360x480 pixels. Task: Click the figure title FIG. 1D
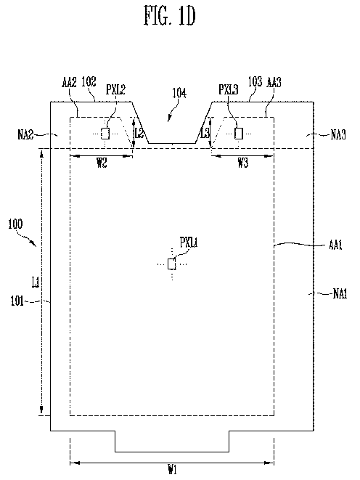169,16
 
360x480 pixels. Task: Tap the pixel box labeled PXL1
171,264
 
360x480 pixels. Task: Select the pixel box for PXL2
105,134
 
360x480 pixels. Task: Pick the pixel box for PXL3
239,134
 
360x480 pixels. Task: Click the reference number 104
179,92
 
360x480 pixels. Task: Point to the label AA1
335,245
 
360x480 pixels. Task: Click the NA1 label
340,294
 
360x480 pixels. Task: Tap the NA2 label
25,134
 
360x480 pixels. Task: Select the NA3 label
338,134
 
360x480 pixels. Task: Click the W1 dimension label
173,469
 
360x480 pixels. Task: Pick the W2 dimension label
102,163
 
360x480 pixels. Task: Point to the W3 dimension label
243,163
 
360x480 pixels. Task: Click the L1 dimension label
36,282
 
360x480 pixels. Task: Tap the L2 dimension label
139,133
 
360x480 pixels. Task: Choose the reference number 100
15,224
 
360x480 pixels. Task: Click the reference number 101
17,301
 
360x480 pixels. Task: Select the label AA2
69,82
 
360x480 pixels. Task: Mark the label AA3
274,82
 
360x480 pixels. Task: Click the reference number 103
255,82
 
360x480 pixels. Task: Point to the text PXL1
189,243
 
